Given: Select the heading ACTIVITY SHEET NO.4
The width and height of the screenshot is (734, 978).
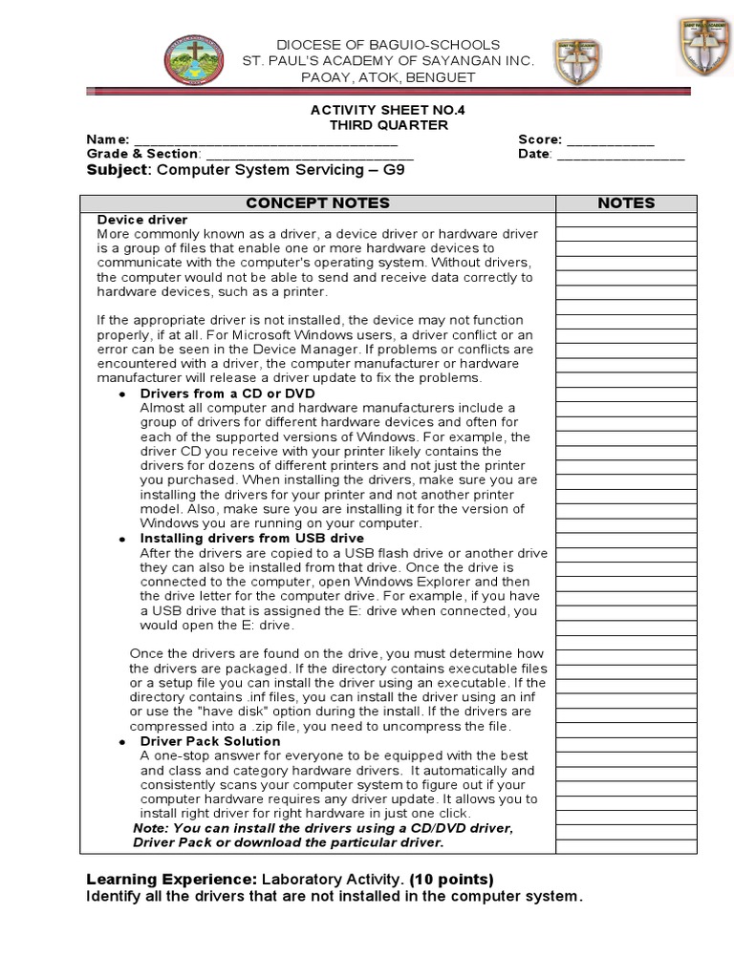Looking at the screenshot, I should (388, 110).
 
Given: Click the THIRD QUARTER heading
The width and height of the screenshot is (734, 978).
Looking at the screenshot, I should (388, 125).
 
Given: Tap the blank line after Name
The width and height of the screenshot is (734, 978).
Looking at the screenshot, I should (265, 140).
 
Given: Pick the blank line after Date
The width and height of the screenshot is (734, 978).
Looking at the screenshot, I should (621, 155).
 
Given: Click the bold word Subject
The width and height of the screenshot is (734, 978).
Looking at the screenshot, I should (118, 170).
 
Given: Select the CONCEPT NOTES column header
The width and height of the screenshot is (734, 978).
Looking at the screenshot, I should (317, 202).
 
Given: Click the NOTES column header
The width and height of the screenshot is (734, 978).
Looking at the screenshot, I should (626, 202).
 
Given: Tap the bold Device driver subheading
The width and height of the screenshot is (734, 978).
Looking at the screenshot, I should (142, 220).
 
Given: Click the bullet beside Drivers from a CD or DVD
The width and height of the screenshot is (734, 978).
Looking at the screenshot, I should (121, 394).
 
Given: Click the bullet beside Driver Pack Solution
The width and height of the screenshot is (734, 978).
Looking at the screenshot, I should (121, 742).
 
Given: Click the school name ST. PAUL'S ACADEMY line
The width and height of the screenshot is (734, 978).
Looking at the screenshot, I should (388, 61).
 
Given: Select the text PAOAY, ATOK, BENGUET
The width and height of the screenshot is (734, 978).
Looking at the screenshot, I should (388, 76).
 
